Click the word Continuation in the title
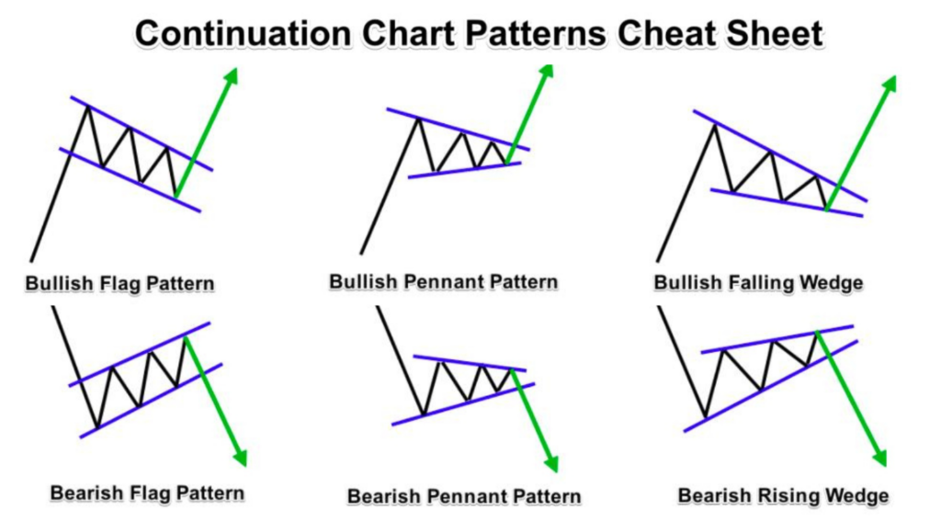coord(243,34)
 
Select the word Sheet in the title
coord(774,34)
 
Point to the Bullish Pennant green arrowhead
coord(546,72)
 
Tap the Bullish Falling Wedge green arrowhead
coord(889,85)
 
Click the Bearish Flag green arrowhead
coord(240,457)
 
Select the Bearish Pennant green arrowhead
coord(551,463)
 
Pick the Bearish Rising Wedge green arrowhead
coord(879,457)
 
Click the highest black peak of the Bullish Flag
coord(87,107)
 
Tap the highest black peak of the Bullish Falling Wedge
coord(714,125)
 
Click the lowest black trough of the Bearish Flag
coord(97,427)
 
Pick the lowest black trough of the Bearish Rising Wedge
coord(706,417)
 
